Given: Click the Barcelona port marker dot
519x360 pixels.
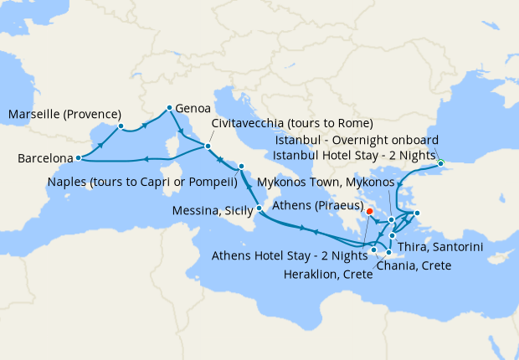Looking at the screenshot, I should coord(78,157).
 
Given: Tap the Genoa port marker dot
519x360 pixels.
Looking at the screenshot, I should coord(169,108).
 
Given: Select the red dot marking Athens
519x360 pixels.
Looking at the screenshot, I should coord(370,212).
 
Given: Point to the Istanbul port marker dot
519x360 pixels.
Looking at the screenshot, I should coord(441,163).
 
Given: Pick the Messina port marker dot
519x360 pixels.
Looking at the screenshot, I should coord(259,208).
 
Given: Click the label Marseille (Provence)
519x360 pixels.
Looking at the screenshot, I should coord(64,115).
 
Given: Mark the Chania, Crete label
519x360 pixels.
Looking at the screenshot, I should coord(414,265).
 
